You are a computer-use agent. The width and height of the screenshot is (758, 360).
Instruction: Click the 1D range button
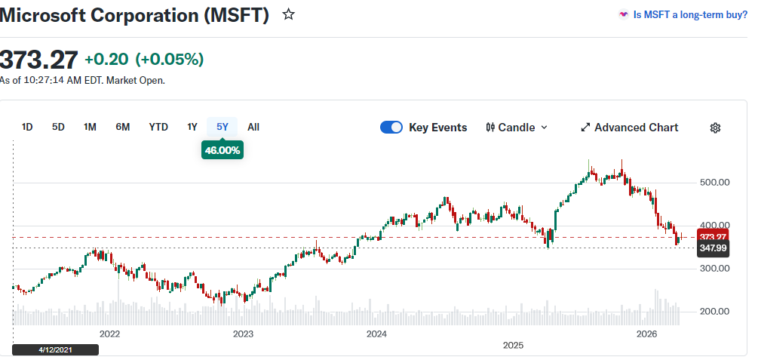tap(27, 127)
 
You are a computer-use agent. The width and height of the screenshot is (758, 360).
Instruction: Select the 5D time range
tap(58, 127)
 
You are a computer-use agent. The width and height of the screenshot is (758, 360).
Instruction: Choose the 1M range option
tap(90, 127)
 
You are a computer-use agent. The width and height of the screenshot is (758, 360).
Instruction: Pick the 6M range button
tap(122, 127)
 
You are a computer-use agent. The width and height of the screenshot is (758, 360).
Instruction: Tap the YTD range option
tap(158, 127)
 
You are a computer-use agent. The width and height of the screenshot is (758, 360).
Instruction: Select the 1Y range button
tap(192, 127)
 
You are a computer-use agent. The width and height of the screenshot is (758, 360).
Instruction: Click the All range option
tap(253, 127)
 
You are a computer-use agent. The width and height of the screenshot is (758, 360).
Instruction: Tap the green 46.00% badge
tap(222, 150)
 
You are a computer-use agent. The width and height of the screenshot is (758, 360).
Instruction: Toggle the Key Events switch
tap(391, 128)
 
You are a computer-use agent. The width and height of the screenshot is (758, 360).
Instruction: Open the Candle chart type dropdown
tap(517, 128)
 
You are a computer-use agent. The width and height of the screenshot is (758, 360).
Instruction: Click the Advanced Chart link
tap(629, 128)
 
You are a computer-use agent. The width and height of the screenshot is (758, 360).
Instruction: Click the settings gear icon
tap(715, 128)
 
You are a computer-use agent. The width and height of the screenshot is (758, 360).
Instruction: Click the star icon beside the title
tap(288, 14)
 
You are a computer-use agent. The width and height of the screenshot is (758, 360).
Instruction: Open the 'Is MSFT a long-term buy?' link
tap(683, 14)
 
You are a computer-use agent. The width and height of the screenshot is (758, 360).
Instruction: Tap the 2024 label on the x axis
tap(376, 333)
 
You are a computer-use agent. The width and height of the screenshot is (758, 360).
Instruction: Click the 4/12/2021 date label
tap(56, 349)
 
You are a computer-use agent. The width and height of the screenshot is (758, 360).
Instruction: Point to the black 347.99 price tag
tap(713, 248)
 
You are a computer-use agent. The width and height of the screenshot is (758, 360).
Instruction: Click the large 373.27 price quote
tap(38, 59)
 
